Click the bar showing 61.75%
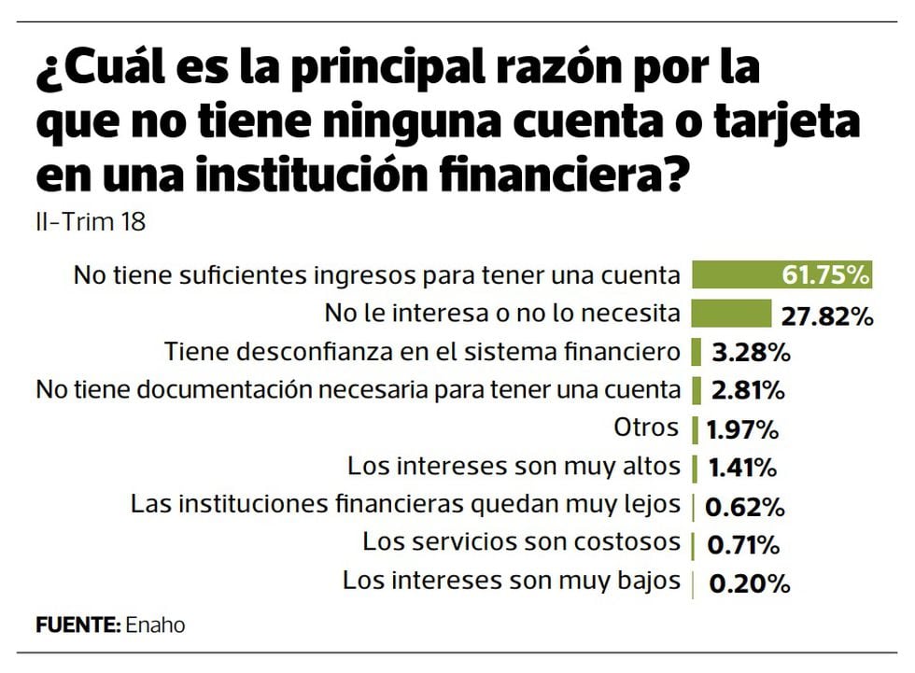pos(781,274)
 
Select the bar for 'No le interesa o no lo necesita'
pos(731,313)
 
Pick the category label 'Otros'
pos(646,428)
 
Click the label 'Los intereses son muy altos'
pos(514,466)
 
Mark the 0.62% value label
pos(744,508)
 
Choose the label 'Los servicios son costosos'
pos(522,541)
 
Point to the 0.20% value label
pos(750,584)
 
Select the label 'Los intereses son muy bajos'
pos(512,580)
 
